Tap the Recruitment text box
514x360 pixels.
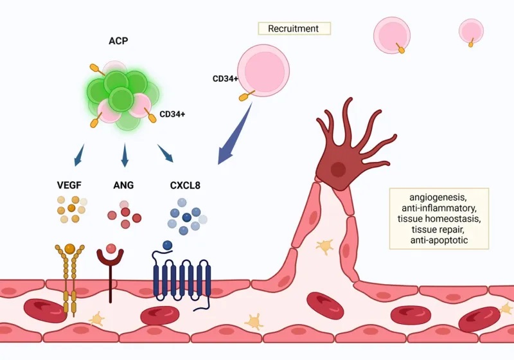point(294,28)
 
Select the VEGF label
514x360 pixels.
point(70,186)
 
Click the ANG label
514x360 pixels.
point(123,186)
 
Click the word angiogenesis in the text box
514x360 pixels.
point(439,197)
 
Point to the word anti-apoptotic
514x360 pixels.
point(439,240)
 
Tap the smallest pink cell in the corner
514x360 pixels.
point(471,30)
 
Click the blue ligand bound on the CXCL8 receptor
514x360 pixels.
point(168,245)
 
